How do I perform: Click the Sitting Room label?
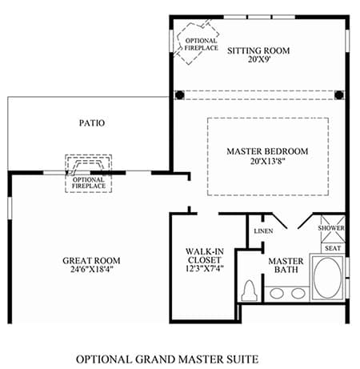click(x=258, y=50)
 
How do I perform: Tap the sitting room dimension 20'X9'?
click(x=259, y=59)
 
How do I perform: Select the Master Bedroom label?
click(x=267, y=151)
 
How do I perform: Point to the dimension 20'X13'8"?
click(x=267, y=161)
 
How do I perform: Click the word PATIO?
click(x=92, y=123)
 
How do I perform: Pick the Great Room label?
click(x=91, y=260)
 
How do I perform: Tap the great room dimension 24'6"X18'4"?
click(x=92, y=269)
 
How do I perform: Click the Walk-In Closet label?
click(x=205, y=255)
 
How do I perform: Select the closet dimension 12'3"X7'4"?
click(x=205, y=268)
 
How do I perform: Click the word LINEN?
click(x=263, y=231)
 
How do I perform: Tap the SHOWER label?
click(x=331, y=228)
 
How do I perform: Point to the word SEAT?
click(x=333, y=248)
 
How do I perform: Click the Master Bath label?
click(x=286, y=265)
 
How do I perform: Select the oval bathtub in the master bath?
click(x=327, y=277)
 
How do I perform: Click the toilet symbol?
click(x=250, y=291)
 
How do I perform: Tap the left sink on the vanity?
click(x=277, y=294)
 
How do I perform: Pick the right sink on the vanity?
click(x=298, y=294)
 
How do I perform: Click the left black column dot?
click(x=180, y=94)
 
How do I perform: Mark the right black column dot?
click(x=339, y=94)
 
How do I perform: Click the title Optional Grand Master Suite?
click(x=167, y=359)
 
